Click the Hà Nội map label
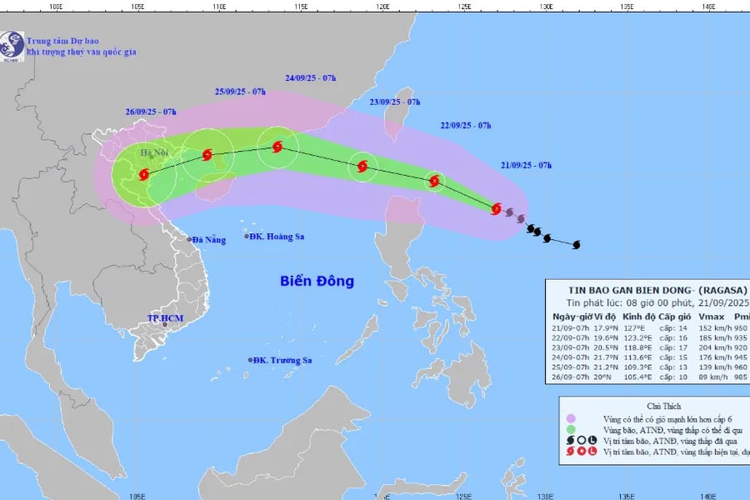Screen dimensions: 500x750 (x=153, y=152)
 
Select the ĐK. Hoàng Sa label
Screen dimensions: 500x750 (x=278, y=237)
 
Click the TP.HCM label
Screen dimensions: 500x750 (x=164, y=318)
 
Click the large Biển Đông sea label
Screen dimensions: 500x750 (x=317, y=281)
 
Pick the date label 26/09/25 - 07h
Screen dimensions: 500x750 (x=152, y=112)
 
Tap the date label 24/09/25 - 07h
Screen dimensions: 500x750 (x=310, y=78)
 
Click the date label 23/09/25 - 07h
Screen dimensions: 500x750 (x=395, y=102)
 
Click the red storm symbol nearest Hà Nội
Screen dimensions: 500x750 (x=144, y=175)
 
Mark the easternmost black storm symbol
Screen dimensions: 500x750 (x=576, y=244)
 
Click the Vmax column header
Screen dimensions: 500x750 (x=711, y=317)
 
